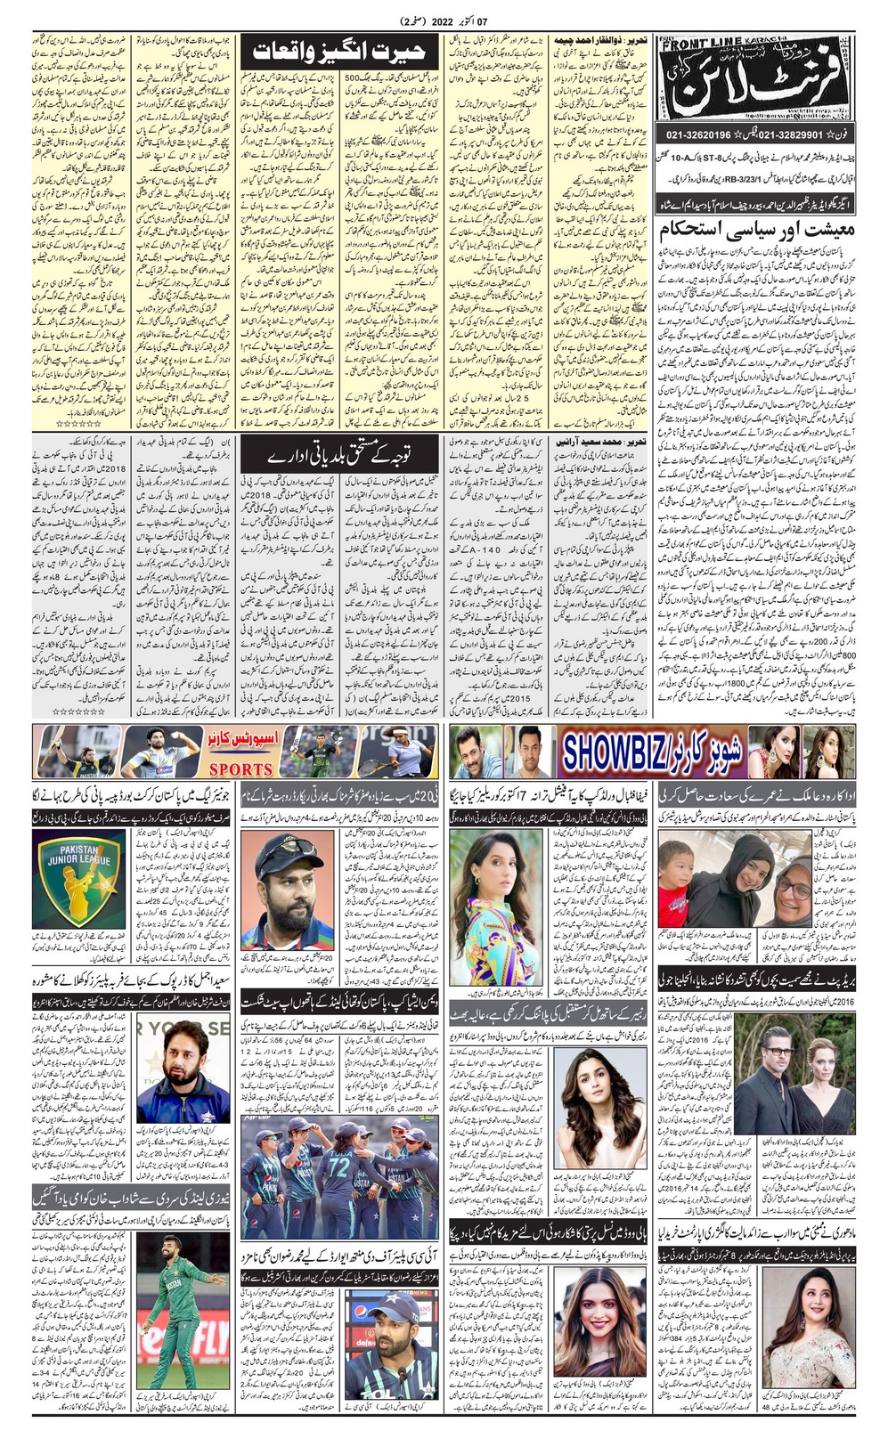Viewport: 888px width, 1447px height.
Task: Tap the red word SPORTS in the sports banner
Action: click(240, 768)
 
